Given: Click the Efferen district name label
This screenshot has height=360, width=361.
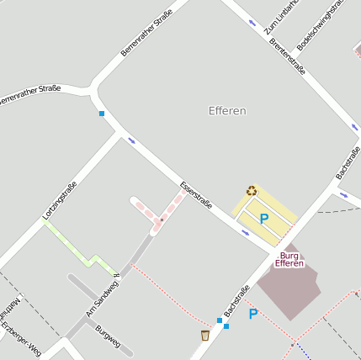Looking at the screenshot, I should point(227,111).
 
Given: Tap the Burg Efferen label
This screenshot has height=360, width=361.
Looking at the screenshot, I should point(289,259).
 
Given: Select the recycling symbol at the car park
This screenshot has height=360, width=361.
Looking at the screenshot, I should point(251,190).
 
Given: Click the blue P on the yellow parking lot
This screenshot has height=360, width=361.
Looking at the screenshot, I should point(263,219).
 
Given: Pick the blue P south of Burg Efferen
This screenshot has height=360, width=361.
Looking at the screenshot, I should point(252,314).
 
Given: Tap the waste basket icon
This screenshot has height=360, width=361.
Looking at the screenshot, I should point(204,335).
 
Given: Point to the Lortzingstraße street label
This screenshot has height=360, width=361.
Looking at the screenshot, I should point(60,201).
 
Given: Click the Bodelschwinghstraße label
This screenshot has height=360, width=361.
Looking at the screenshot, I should point(321,25).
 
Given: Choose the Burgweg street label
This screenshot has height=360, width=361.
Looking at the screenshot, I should point(108,336).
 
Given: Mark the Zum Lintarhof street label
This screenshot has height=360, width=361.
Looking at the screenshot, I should point(282,17).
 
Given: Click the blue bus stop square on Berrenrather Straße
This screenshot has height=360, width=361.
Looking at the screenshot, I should point(102,113).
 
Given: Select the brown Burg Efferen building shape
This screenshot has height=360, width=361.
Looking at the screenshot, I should point(290,286).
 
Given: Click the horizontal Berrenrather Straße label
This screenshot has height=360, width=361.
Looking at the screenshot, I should point(29,93).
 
